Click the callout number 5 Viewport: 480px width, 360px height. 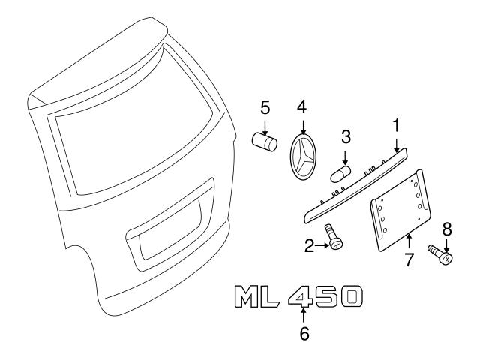(x=265, y=108)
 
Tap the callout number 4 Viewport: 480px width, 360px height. (x=301, y=107)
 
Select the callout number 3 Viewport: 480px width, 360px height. (x=346, y=136)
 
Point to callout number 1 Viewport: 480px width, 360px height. (x=397, y=126)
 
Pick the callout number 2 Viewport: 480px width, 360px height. (x=310, y=245)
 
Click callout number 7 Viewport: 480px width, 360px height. (x=409, y=259)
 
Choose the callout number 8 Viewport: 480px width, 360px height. (x=447, y=229)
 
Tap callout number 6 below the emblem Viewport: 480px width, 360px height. (x=304, y=333)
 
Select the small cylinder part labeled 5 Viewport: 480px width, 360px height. (x=265, y=142)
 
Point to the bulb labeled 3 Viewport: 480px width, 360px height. (x=340, y=174)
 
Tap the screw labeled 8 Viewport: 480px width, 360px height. (x=440, y=254)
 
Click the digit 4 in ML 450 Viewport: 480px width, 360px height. (x=300, y=296)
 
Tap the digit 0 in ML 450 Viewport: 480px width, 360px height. (x=351, y=296)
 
